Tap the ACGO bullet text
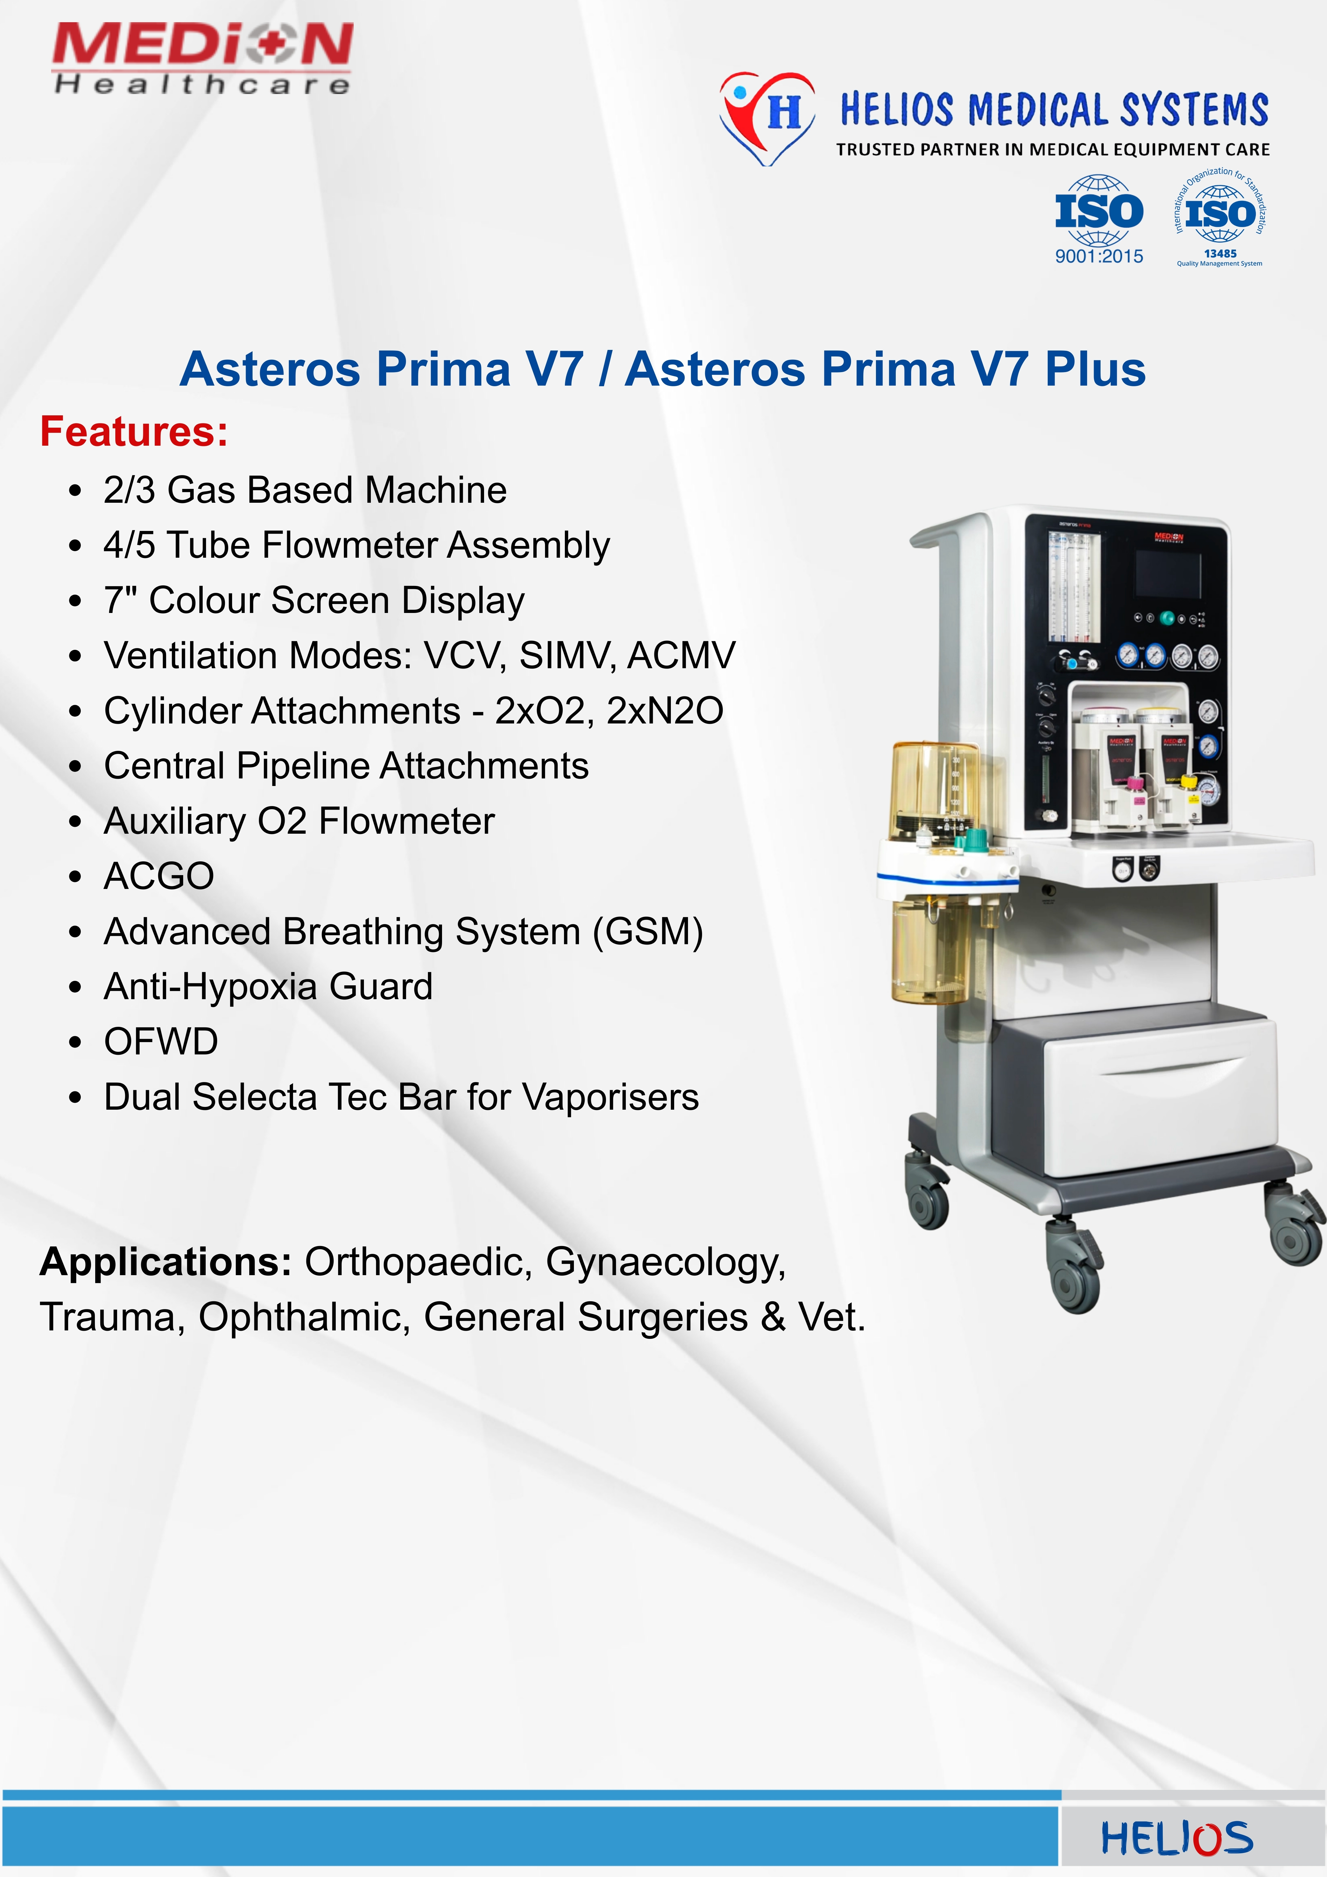159,876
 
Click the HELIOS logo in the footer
1177,1839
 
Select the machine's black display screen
1168,575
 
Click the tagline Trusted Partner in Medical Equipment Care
1052,150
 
